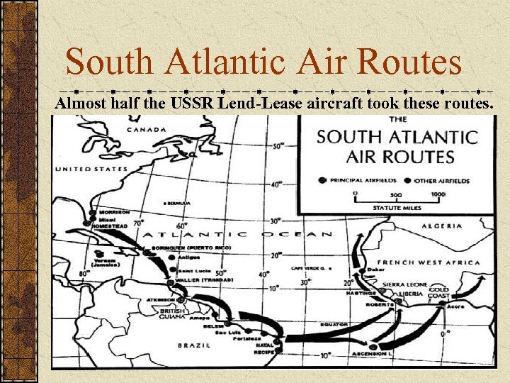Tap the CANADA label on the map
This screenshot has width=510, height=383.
tap(146, 130)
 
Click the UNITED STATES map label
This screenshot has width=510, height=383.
tap(91, 169)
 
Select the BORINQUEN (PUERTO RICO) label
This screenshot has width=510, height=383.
tap(191, 248)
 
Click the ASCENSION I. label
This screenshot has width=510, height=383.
tap(368, 353)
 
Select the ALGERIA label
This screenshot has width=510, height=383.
tap(442, 226)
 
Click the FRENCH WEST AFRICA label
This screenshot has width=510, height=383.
tap(428, 262)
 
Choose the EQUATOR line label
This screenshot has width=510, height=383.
tap(334, 324)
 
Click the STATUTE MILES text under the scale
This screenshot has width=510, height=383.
tap(397, 208)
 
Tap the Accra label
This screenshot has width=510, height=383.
tap(455, 307)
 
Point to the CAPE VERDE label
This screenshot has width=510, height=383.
tap(308, 269)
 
